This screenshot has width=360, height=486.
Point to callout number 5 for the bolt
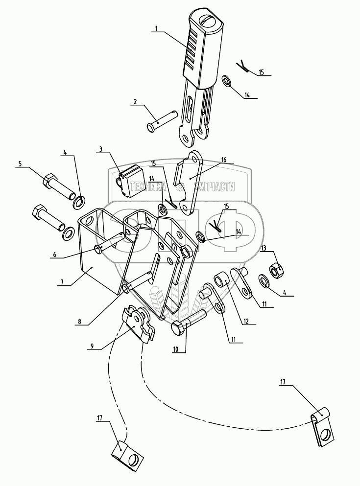[x=20, y=164]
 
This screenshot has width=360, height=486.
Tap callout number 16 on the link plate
[x=223, y=160]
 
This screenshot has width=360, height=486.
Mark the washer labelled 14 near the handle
[x=227, y=80]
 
